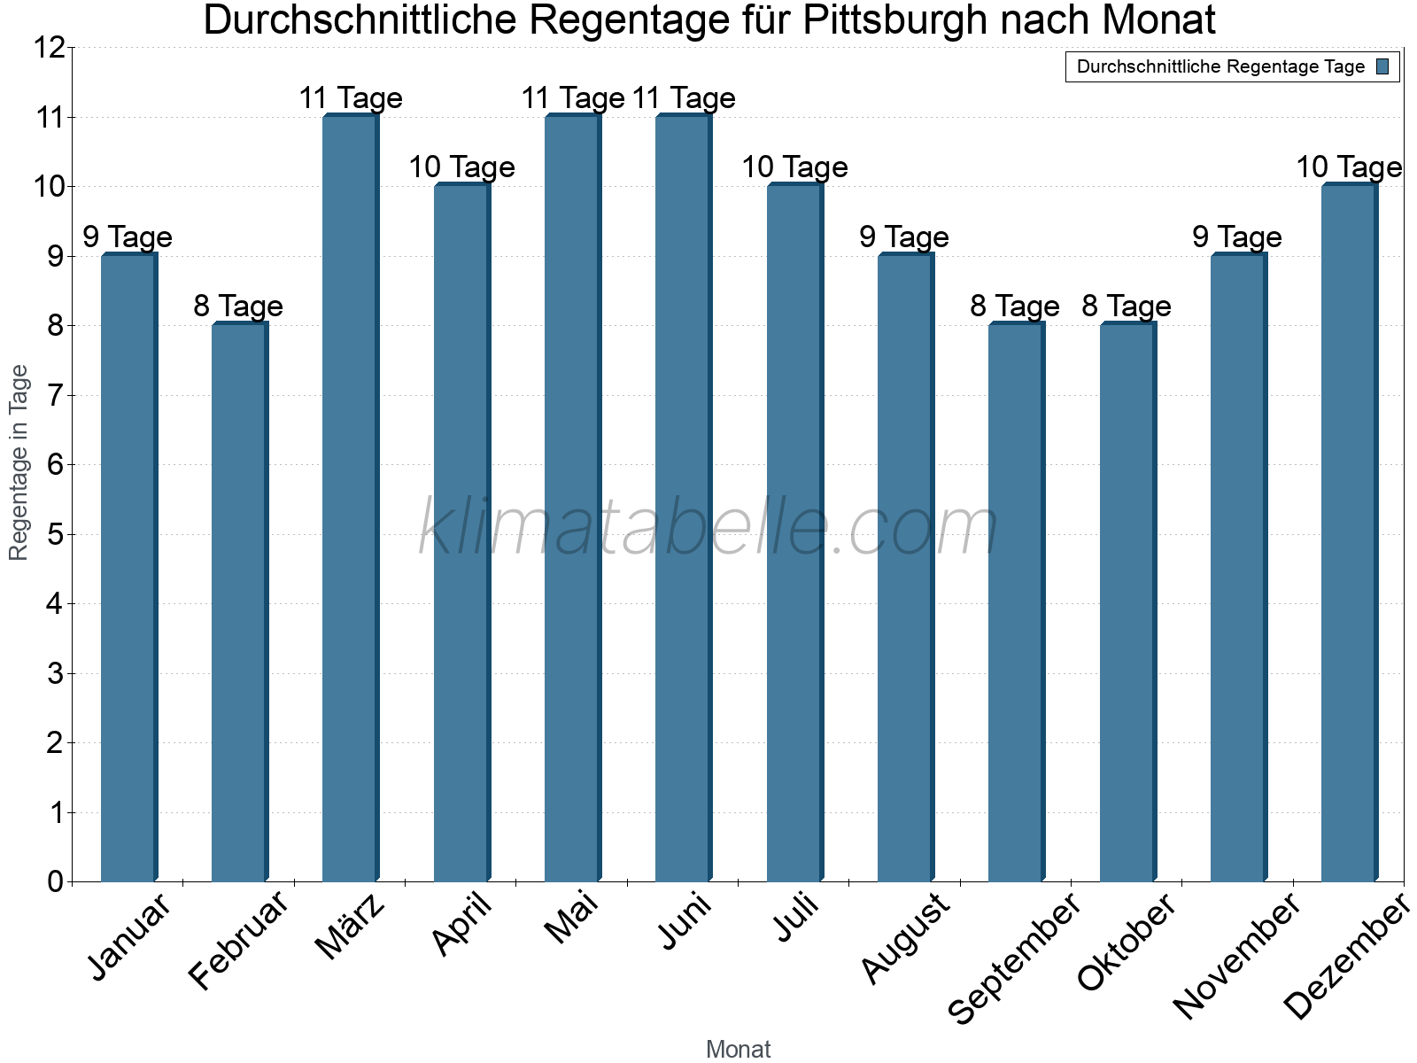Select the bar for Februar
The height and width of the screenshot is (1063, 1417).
(x=239, y=602)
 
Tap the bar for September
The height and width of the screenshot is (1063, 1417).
(x=1016, y=602)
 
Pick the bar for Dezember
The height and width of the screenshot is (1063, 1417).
(x=1349, y=532)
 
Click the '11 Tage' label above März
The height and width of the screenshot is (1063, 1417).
(x=351, y=98)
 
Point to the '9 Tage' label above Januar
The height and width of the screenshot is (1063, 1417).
(x=128, y=237)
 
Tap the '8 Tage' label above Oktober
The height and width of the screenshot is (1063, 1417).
(x=1127, y=306)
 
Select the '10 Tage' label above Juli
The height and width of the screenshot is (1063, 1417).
(x=794, y=167)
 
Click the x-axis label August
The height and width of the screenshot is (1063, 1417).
(x=906, y=938)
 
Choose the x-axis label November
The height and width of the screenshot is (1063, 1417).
(x=1237, y=956)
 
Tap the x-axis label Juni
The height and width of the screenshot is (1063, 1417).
(x=685, y=922)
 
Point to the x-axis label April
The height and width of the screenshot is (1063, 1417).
(x=462, y=925)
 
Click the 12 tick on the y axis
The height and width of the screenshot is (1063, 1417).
(x=50, y=48)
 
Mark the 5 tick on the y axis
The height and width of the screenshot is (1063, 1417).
(x=56, y=534)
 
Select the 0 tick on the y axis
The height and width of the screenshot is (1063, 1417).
(x=56, y=881)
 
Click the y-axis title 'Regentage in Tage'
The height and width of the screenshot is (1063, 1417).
(x=19, y=462)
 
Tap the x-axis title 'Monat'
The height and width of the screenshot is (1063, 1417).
(x=738, y=1049)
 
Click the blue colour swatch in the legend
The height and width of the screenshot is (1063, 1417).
(x=1382, y=66)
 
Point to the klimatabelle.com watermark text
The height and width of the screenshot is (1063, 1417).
(x=708, y=528)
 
